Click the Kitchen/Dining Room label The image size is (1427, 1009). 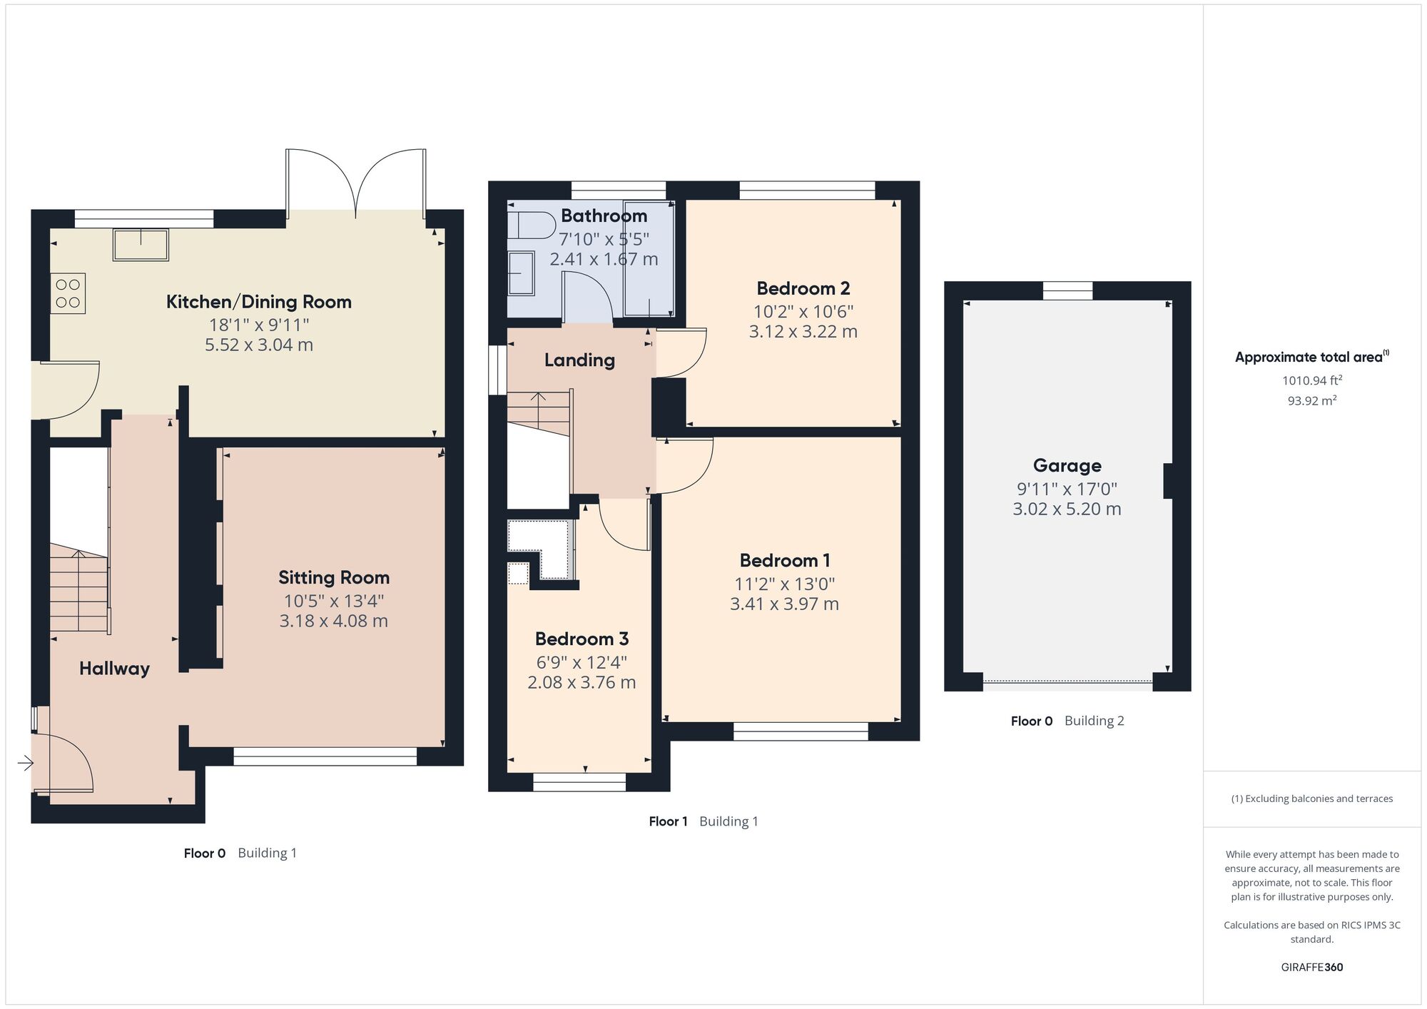click(x=259, y=302)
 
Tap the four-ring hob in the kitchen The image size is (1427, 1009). click(x=68, y=293)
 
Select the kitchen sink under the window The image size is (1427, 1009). click(x=141, y=244)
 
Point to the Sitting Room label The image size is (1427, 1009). click(x=334, y=577)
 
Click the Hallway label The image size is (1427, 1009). click(x=114, y=669)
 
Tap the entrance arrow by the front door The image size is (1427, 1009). click(x=26, y=764)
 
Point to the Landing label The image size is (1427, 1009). click(x=579, y=360)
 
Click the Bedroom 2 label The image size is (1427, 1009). click(x=803, y=288)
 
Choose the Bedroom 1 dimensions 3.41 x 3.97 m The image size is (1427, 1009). click(x=784, y=604)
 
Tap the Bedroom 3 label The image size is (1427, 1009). click(x=582, y=639)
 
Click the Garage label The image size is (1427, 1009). click(x=1067, y=466)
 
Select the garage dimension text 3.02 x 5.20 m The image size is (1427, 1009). click(x=1067, y=509)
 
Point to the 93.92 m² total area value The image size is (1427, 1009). click(x=1312, y=400)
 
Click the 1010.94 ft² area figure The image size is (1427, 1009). click(x=1312, y=380)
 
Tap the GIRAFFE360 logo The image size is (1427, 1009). click(x=1312, y=968)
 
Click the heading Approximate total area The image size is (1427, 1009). click(x=1312, y=358)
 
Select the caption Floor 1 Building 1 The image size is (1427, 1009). click(x=704, y=821)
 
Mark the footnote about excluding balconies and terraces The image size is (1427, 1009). click(x=1312, y=798)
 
